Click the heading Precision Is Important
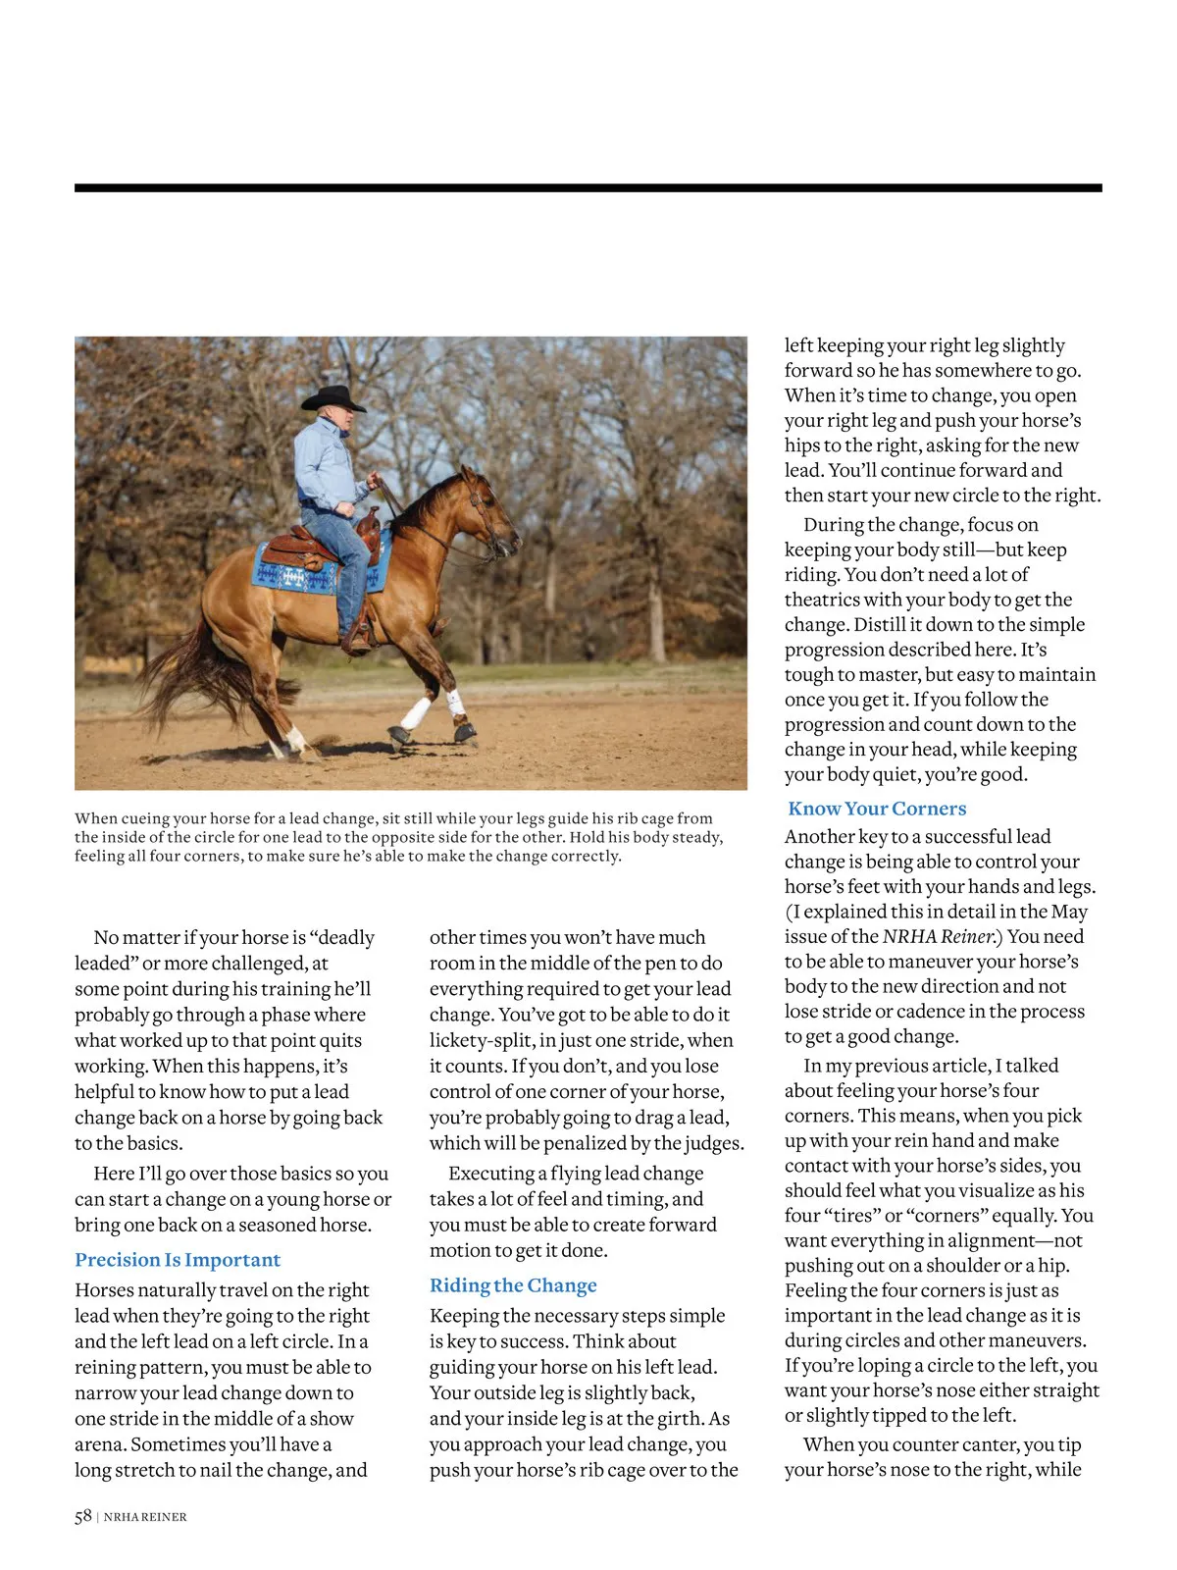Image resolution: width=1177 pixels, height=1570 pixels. [x=178, y=1260]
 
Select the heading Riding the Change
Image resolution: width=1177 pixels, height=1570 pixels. [x=513, y=1285]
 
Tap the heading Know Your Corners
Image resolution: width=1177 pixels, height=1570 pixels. [x=877, y=809]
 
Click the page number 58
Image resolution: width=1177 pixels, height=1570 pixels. [x=82, y=1516]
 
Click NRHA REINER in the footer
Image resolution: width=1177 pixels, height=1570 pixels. [x=145, y=1517]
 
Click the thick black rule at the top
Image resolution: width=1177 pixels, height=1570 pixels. [x=588, y=187]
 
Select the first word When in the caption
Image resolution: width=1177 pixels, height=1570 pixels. [x=96, y=818]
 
